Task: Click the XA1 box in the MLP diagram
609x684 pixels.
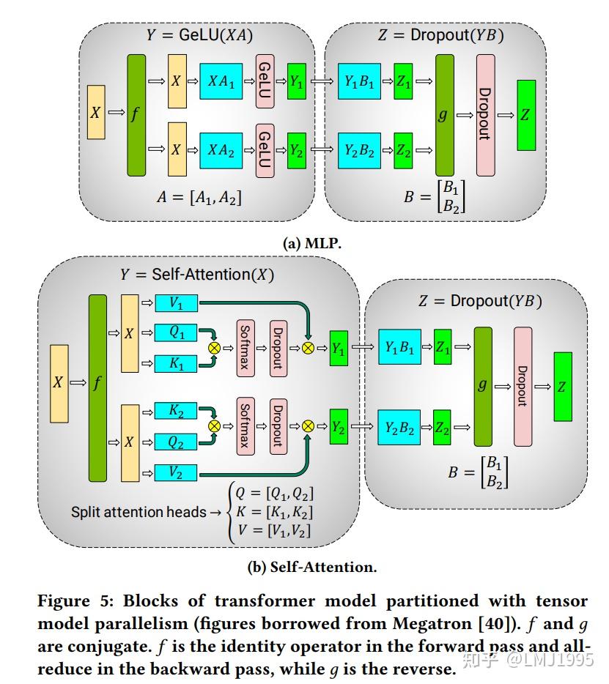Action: click(221, 83)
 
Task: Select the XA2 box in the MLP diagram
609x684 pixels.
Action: click(221, 150)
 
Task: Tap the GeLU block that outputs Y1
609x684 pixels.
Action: click(265, 83)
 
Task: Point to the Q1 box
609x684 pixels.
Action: click(176, 332)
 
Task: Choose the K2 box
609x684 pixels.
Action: click(176, 411)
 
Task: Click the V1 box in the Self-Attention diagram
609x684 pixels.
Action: click(176, 302)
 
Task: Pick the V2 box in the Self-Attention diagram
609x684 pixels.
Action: click(176, 472)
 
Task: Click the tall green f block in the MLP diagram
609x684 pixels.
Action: click(136, 115)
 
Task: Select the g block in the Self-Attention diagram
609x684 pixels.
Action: click(483, 386)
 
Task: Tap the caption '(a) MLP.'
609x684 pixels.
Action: click(312, 244)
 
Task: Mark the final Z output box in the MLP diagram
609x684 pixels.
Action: click(526, 115)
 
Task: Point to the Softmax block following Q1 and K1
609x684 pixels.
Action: click(246, 349)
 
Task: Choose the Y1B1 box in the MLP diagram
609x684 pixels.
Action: click(359, 83)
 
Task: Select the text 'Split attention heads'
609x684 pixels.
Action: click(139, 513)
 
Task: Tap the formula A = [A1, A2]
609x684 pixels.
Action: click(199, 196)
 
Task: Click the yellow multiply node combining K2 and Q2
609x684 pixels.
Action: click(215, 425)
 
